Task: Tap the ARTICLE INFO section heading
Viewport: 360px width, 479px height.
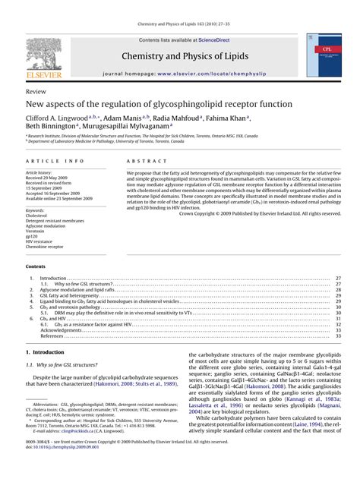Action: pos(55,162)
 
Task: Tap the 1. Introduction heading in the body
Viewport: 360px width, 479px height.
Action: pos(45,353)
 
